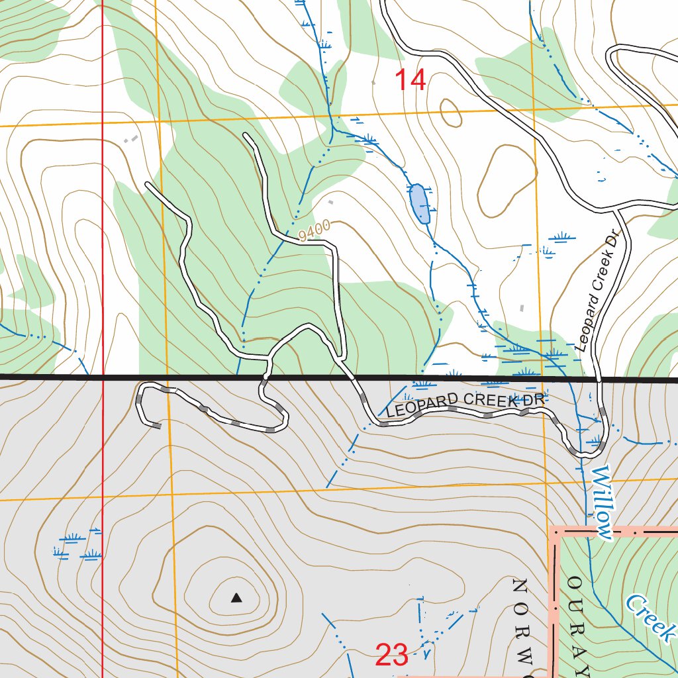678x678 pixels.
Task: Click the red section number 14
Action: click(410, 80)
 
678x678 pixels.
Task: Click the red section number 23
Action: click(391, 655)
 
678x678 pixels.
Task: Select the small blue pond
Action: click(419, 204)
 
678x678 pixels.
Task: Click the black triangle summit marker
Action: click(236, 599)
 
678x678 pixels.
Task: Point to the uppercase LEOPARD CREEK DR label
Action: click(465, 405)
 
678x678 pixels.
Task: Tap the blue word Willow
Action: click(601, 501)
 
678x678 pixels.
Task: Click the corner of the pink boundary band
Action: click(555, 532)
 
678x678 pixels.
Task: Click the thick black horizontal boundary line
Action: click(199, 377)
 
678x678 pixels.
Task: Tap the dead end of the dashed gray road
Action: click(158, 426)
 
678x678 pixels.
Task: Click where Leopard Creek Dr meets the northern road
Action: click(617, 209)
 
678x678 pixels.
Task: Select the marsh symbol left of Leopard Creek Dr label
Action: click(562, 236)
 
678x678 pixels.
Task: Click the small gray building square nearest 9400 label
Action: click(331, 201)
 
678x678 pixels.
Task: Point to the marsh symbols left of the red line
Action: click(73, 544)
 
